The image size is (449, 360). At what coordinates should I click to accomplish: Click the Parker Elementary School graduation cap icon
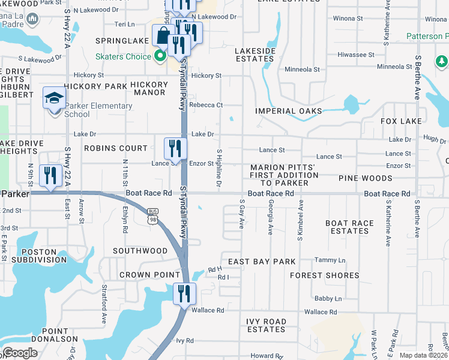[x=54, y=98]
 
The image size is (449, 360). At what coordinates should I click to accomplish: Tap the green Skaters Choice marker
[x=160, y=58]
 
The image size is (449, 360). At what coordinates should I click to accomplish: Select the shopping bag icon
[x=163, y=35]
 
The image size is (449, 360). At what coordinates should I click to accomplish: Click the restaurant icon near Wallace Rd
[x=184, y=293]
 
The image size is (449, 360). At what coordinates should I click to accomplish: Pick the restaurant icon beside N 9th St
[x=50, y=176]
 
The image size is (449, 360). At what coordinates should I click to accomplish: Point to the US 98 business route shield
[x=153, y=212]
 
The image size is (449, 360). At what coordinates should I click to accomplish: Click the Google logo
[x=20, y=353]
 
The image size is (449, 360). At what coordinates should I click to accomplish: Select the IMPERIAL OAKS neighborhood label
[x=288, y=111]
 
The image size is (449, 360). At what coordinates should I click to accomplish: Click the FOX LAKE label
[x=401, y=121]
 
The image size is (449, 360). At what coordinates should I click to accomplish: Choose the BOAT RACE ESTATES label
[x=349, y=227]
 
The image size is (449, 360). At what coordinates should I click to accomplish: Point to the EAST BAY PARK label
[x=262, y=262]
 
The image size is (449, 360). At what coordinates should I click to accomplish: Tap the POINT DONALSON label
[x=64, y=335]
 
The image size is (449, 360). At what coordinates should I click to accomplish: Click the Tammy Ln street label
[x=330, y=260]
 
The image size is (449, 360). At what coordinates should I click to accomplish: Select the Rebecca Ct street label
[x=206, y=105]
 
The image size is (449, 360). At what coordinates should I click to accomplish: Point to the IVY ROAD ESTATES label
[x=266, y=326]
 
